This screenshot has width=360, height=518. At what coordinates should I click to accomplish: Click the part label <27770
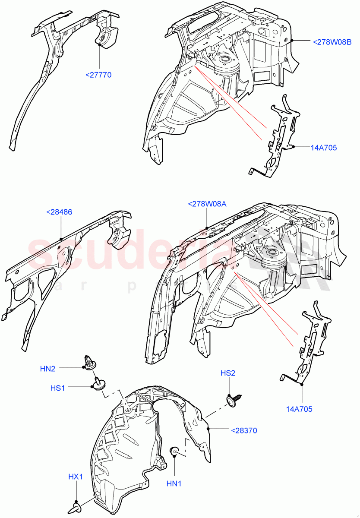pyautogui.click(x=98, y=75)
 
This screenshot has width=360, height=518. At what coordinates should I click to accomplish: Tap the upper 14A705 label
pyautogui.click(x=323, y=148)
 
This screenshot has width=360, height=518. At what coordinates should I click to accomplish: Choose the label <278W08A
pyautogui.click(x=207, y=204)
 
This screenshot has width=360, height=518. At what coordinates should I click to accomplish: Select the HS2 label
pyautogui.click(x=228, y=373)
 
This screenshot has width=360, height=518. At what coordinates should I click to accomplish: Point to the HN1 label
pyautogui.click(x=174, y=484)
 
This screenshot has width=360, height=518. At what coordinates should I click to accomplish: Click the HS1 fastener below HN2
pyautogui.click(x=98, y=384)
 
